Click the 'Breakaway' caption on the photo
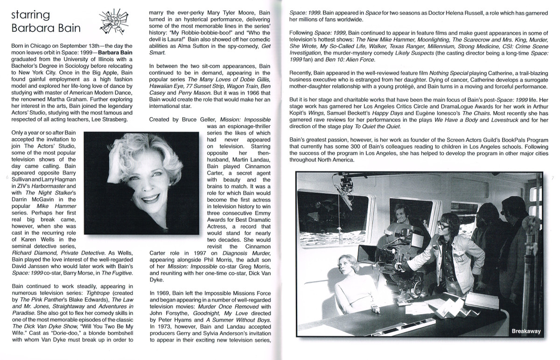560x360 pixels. [x=525, y=331]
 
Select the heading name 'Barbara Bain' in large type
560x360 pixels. [x=45, y=28]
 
